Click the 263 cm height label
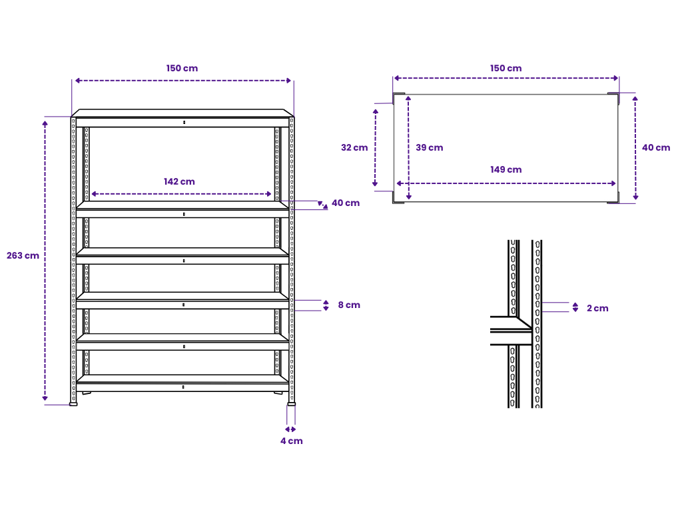click(23, 256)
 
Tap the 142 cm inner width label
click(179, 181)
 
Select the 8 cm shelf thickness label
click(348, 305)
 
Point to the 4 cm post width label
click(291, 441)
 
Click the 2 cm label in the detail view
click(597, 309)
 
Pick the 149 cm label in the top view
click(506, 170)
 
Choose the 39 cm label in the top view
click(429, 148)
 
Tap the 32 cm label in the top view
click(354, 148)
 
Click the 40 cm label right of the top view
click(656, 148)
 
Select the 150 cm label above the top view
click(506, 69)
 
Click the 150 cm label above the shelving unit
click(182, 69)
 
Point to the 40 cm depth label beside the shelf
click(345, 203)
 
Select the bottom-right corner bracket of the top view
click(613, 198)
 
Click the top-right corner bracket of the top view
click(613, 98)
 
